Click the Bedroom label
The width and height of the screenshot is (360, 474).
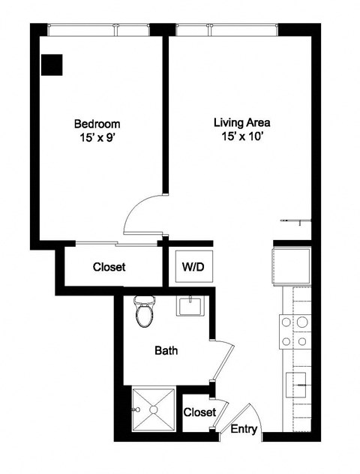point(97,123)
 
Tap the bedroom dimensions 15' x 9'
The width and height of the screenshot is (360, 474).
point(97,138)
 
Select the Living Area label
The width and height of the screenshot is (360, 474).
point(241,121)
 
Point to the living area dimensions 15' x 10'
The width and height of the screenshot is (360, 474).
point(241,136)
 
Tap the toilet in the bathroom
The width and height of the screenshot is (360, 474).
point(144,312)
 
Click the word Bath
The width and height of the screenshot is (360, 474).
point(166,349)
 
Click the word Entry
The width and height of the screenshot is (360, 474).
point(244,430)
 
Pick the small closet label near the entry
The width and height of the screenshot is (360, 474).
point(199,412)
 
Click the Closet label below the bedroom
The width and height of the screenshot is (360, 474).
point(109,267)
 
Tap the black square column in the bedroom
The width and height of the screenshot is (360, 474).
point(52,65)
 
